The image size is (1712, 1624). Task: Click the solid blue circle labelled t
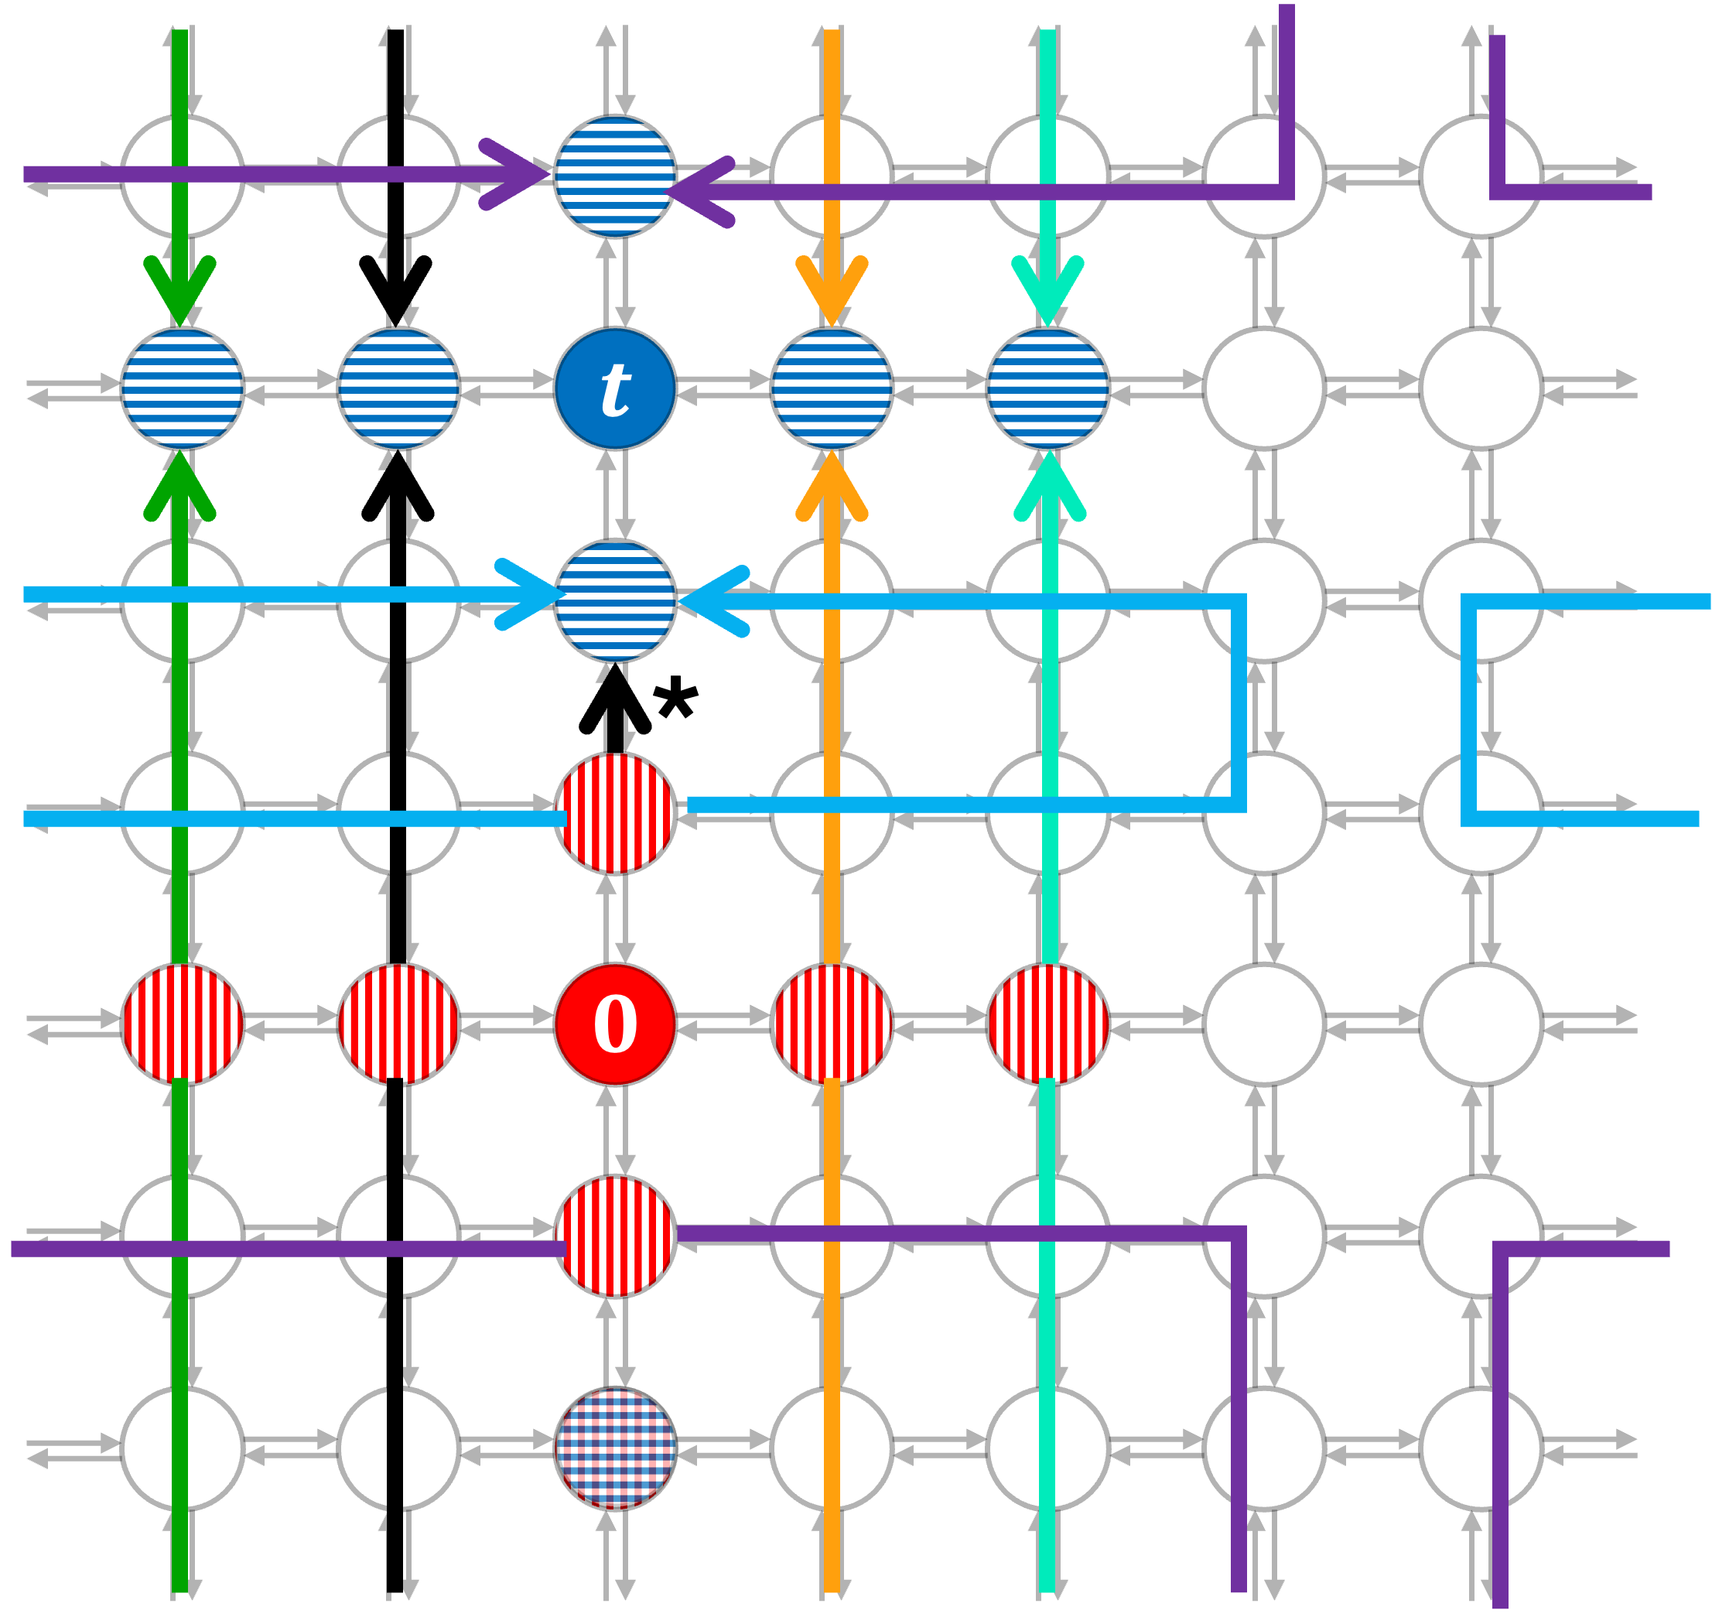[614, 388]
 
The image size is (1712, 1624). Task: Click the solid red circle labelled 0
[614, 1024]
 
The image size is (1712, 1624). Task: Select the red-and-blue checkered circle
[614, 1448]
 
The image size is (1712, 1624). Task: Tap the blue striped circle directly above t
[614, 176]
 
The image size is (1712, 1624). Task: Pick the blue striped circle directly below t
[614, 600]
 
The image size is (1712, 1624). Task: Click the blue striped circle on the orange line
[831, 388]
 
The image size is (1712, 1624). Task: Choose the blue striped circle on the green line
[182, 388]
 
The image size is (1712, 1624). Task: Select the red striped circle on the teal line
[1047, 1024]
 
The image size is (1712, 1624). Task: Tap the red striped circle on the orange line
[831, 1024]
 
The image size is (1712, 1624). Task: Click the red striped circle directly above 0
[614, 813]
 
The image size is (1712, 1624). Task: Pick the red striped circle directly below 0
[614, 1236]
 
